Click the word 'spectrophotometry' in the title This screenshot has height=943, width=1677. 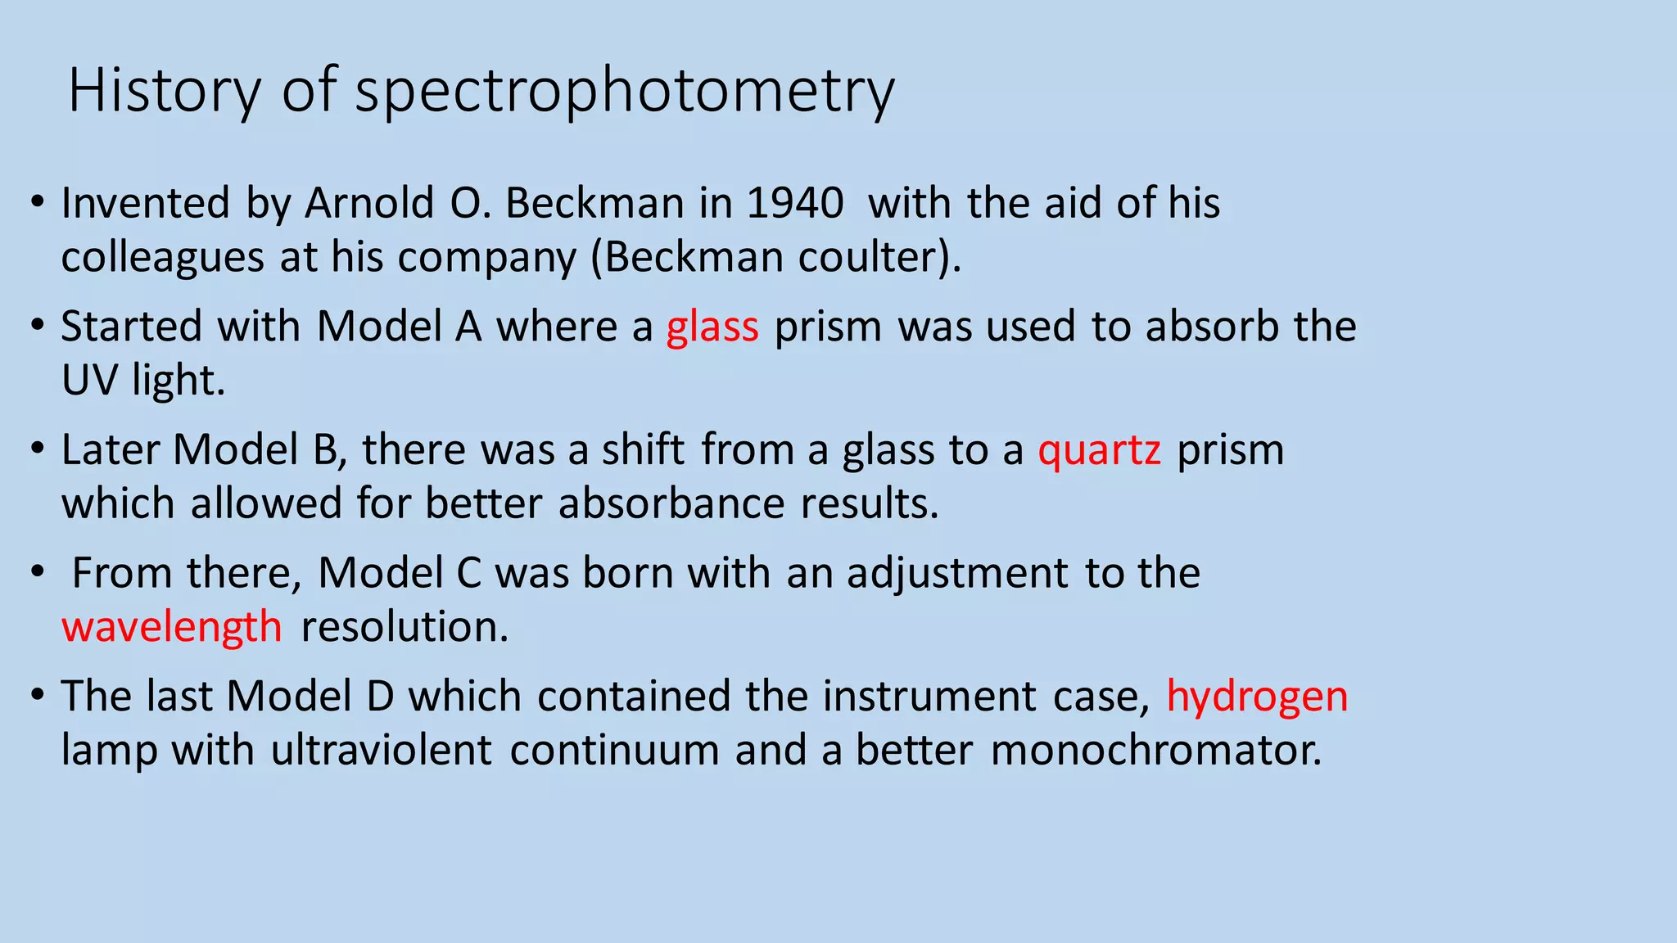tap(625, 92)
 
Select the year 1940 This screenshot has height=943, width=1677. tap(794, 203)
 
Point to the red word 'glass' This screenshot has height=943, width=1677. tap(712, 327)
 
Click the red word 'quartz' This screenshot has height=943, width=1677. tap(1099, 450)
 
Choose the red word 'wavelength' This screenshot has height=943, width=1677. tap(172, 627)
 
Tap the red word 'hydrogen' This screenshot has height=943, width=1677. tap(1257, 697)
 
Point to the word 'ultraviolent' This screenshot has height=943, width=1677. tap(381, 750)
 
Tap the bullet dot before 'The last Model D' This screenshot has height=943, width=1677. tap(37, 696)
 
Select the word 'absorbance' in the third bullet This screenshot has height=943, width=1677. tap(671, 503)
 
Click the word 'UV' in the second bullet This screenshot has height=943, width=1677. tap(88, 381)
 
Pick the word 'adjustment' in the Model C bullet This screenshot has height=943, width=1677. tap(957, 573)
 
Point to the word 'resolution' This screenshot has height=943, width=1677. tap(405, 627)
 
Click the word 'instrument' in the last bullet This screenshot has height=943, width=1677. tap(929, 697)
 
